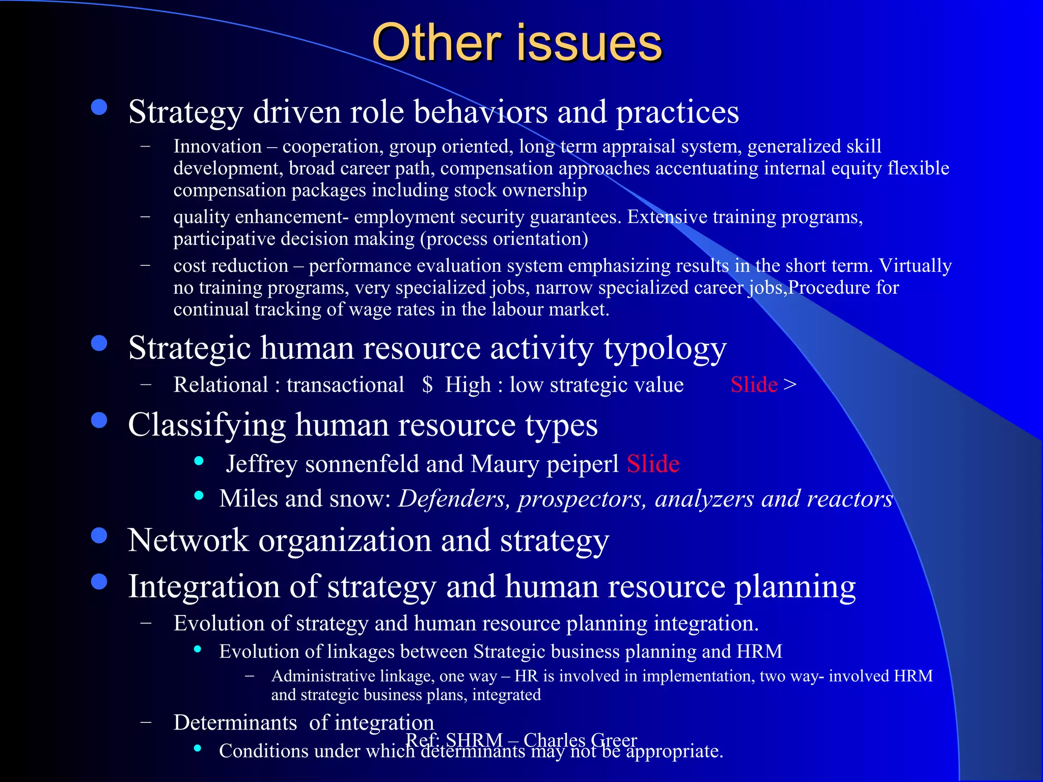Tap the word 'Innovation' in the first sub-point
(x=217, y=147)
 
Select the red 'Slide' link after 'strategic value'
(x=754, y=385)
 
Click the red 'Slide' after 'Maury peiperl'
(x=653, y=464)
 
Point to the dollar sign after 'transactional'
(x=427, y=385)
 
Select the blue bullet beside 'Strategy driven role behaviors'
(x=99, y=107)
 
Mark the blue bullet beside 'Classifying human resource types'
(x=99, y=421)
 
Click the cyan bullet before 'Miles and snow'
(x=199, y=495)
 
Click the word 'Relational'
(x=221, y=385)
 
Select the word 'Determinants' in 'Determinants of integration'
(x=235, y=723)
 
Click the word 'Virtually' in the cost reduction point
(x=915, y=266)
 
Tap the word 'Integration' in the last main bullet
(x=204, y=586)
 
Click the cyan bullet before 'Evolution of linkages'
(x=198, y=649)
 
